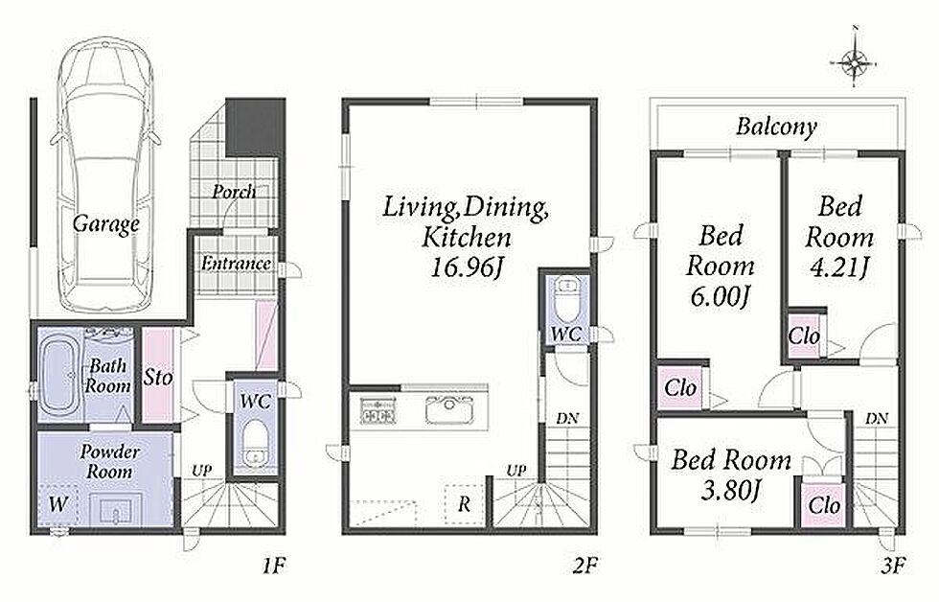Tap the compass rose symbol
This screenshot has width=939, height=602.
tap(854, 61)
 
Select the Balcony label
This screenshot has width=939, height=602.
tap(776, 127)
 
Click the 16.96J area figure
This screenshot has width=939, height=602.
tap(466, 267)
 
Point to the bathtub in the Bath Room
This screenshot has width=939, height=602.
tap(59, 375)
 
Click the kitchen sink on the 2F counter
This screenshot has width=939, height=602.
tap(449, 410)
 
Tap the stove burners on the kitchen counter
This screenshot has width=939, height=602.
tap(378, 410)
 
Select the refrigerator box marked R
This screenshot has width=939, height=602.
tap(464, 504)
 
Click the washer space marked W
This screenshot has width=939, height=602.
tap(57, 504)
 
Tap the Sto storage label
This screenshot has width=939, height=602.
tap(158, 378)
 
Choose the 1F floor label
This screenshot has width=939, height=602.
tap(274, 565)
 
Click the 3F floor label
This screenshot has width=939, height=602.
tap(892, 565)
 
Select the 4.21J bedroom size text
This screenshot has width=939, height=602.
tap(838, 267)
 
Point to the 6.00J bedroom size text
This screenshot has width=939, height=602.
tap(720, 296)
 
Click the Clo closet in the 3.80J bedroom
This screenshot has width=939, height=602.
tap(823, 505)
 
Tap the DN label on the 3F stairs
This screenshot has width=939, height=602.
tap(876, 419)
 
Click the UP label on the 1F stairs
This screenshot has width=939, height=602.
tap(201, 472)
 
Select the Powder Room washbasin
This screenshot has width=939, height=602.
tap(115, 511)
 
